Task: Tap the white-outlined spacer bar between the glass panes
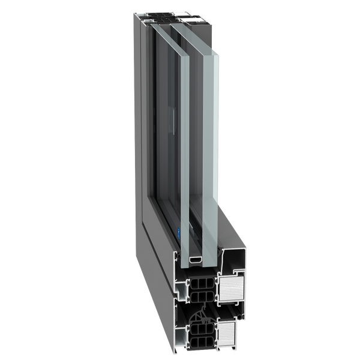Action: coord(196,260)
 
